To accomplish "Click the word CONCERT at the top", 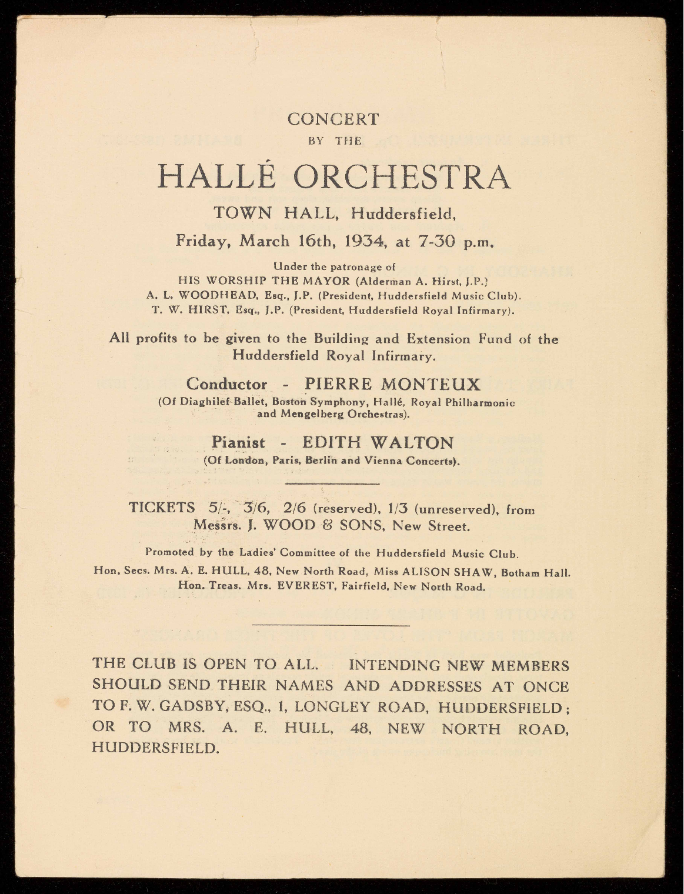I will click(x=333, y=119).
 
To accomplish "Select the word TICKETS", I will click(x=162, y=508).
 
